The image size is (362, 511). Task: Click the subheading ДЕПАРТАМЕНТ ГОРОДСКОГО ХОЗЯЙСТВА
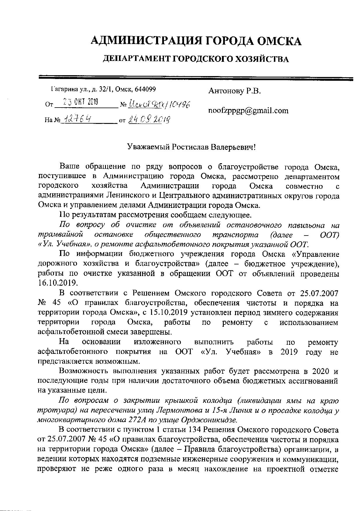(x=196, y=59)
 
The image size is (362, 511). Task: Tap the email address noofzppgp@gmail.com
(x=248, y=111)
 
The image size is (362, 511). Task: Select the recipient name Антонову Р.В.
(x=234, y=91)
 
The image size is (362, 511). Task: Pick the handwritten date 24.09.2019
(x=149, y=119)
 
